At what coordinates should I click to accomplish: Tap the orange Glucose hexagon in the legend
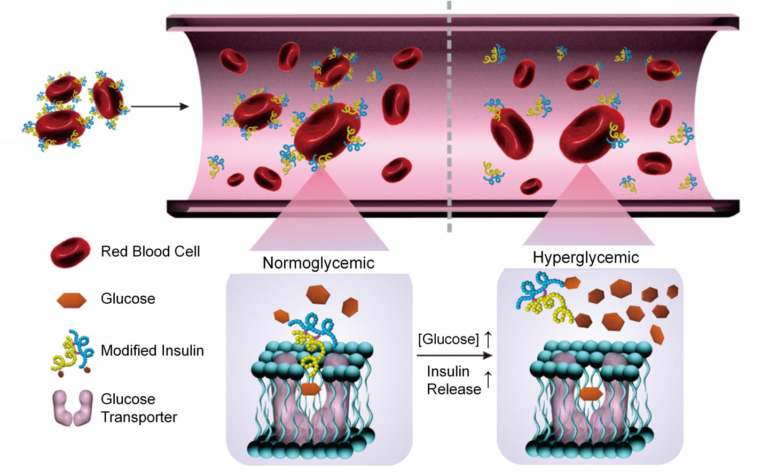(x=71, y=299)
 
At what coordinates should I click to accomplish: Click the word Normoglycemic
(x=318, y=263)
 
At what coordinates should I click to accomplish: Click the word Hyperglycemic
(x=586, y=258)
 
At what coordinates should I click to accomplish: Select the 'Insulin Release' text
(x=453, y=380)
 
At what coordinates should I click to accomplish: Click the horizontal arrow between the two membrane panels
(x=454, y=355)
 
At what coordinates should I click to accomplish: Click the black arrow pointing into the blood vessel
(x=160, y=106)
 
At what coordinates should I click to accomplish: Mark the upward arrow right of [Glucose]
(x=488, y=339)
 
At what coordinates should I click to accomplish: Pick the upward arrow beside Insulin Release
(x=487, y=380)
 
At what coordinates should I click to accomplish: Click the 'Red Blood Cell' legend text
(x=150, y=251)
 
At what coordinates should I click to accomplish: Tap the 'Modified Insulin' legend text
(x=152, y=351)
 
